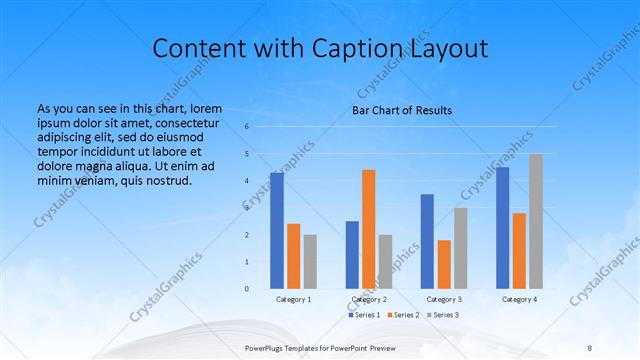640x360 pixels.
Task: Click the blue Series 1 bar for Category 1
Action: coord(277,231)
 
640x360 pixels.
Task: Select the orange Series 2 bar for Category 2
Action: coord(368,229)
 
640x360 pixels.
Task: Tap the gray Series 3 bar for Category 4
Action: coord(535,221)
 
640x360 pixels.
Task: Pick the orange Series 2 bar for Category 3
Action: coord(444,264)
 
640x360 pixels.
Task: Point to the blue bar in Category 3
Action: coord(427,241)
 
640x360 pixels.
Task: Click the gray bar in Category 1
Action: coord(310,262)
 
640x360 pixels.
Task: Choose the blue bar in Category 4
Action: coord(503,228)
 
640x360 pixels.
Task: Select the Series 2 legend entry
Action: coord(404,315)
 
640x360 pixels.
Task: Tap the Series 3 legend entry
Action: coord(443,315)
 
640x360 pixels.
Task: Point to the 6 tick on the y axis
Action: coord(246,127)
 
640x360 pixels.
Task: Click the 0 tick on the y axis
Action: coord(246,289)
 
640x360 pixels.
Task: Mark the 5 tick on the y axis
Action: coord(246,154)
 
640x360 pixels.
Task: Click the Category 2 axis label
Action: coord(369,299)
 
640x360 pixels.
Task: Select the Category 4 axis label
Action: coord(519,299)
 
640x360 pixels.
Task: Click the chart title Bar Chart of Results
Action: coord(402,109)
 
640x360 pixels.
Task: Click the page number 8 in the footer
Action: coord(590,349)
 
